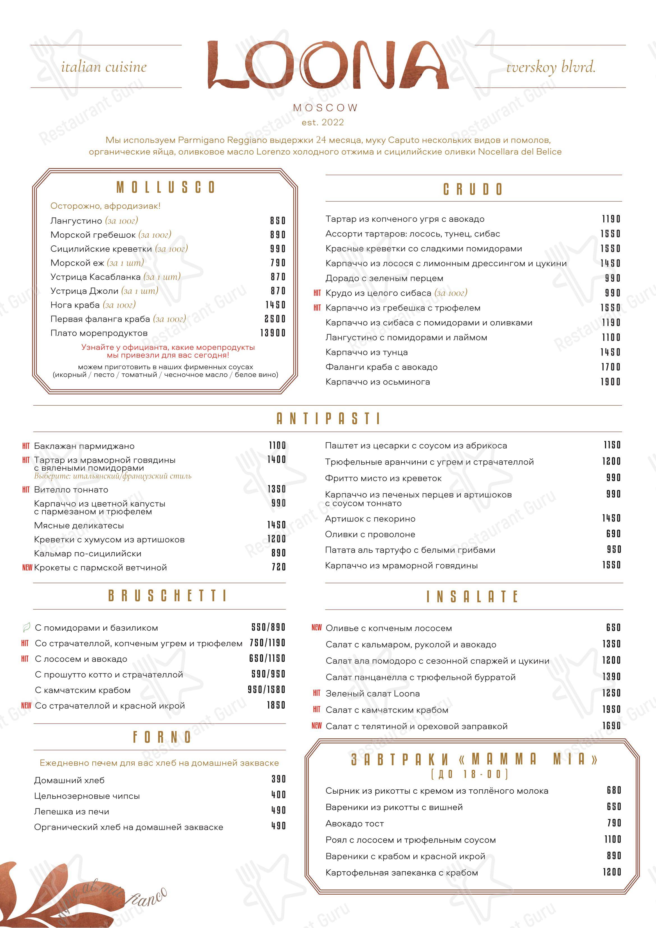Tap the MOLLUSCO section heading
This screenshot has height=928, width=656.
[166, 187]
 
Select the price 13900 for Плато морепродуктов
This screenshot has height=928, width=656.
[273, 333]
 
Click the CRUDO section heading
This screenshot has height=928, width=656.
[473, 189]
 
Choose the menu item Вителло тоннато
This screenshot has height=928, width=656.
[71, 490]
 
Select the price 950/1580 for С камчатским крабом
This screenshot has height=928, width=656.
[266, 690]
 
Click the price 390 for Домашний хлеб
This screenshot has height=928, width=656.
[278, 779]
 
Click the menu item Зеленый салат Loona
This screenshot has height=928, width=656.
[373, 693]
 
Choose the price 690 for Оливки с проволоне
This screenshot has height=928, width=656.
[613, 534]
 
